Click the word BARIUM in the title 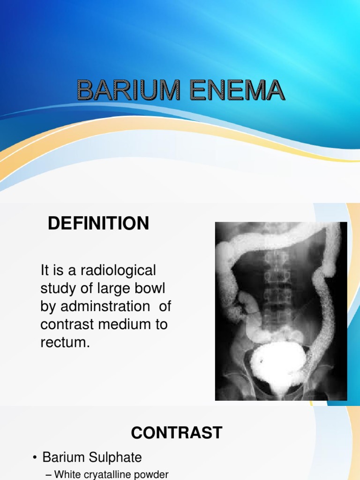128,90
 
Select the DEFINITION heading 98,224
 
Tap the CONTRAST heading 176,433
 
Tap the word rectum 64,343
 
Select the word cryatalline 110,474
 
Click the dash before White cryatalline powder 48,474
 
